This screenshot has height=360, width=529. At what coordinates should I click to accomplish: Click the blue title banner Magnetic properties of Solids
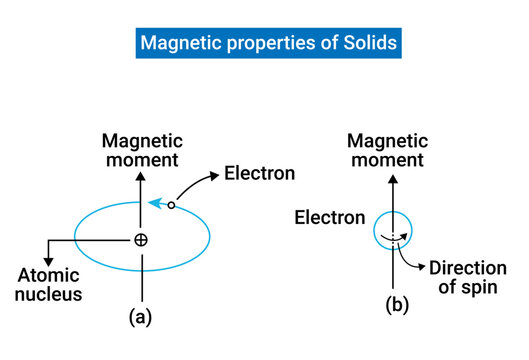point(264,44)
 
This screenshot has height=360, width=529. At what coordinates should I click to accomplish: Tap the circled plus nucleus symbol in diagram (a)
point(141,240)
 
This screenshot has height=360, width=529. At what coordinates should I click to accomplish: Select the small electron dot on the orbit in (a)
point(171,205)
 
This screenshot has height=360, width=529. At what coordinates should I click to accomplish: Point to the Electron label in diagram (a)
point(259,173)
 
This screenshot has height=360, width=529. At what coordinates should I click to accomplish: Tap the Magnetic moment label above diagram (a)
point(141,151)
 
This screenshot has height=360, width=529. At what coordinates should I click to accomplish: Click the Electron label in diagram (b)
point(329,218)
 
